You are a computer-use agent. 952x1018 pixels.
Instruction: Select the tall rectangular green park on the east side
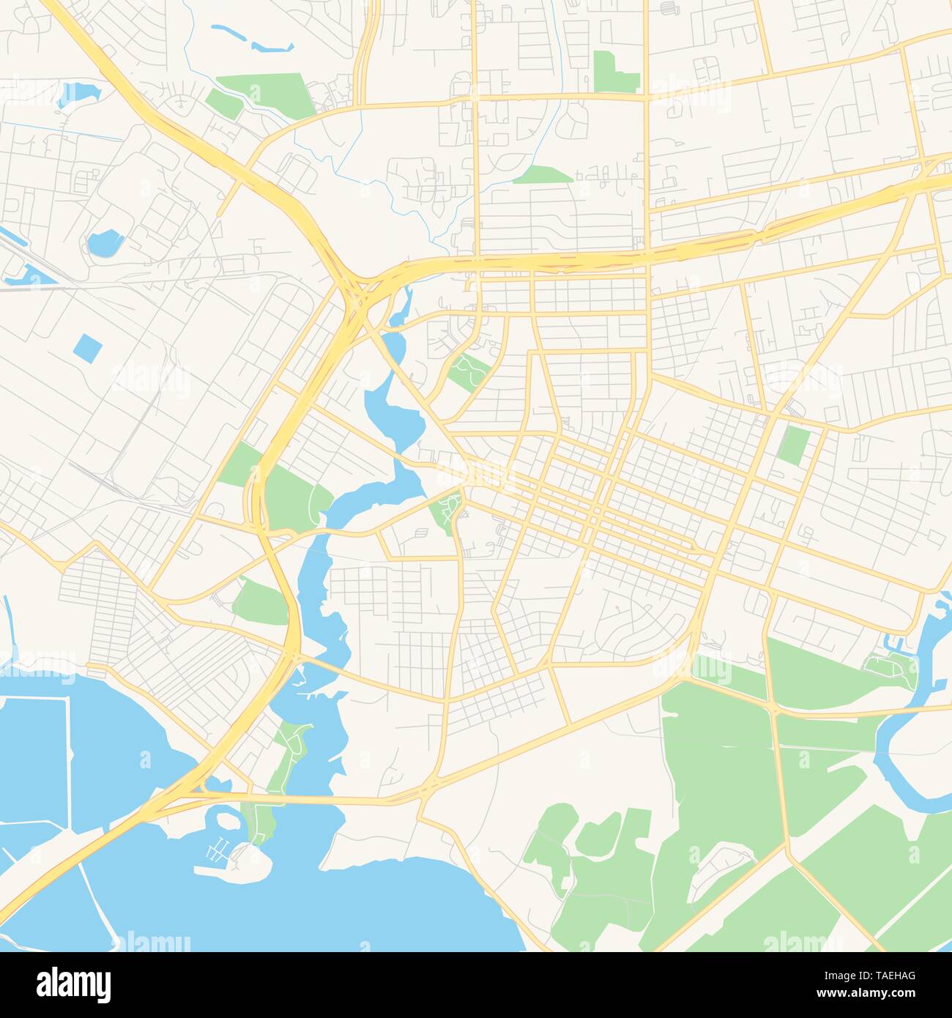(793, 445)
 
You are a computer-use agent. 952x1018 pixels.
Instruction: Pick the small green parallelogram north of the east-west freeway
(543, 174)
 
